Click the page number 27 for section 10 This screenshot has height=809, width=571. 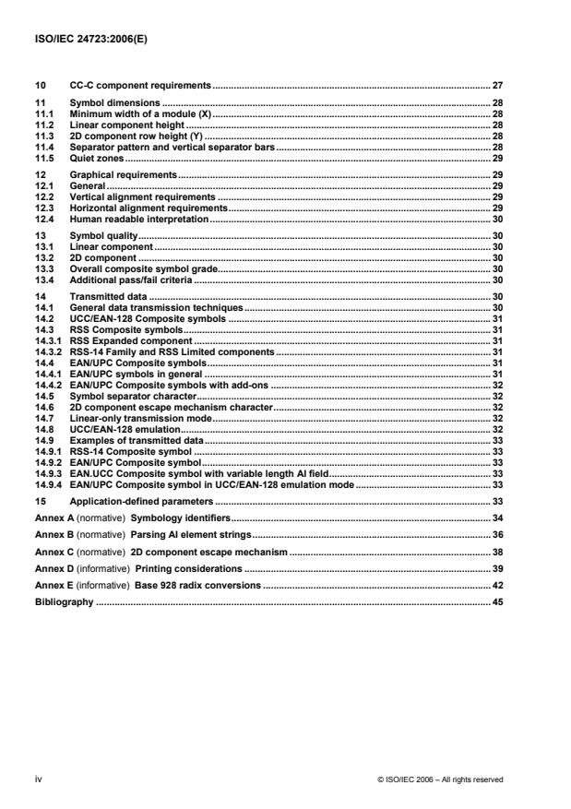496,84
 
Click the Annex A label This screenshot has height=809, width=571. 54,518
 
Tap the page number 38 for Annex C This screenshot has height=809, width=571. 496,551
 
